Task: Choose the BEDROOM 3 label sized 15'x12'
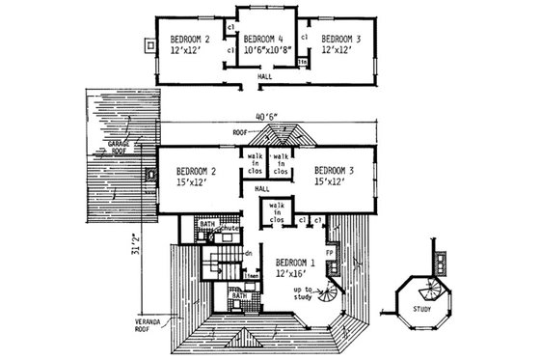(335, 176)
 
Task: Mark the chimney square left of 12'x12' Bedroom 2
(147, 43)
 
